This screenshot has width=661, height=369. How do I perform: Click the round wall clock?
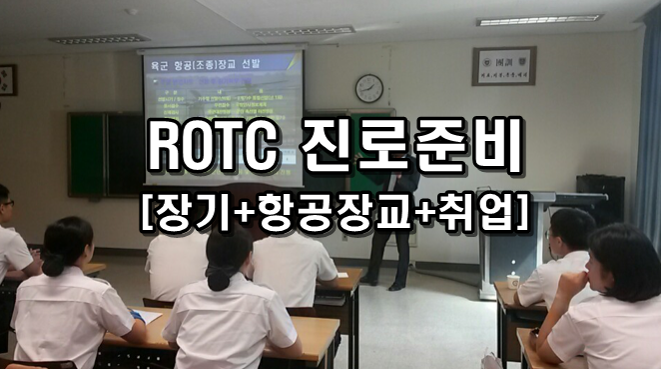coord(368,88)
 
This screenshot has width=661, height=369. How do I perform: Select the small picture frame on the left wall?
coord(6,80)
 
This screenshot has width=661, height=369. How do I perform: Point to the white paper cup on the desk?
coord(513,280)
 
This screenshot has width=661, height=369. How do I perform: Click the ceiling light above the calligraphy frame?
coord(538,20)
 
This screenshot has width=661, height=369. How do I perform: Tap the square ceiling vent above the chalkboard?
coord(98,39)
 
